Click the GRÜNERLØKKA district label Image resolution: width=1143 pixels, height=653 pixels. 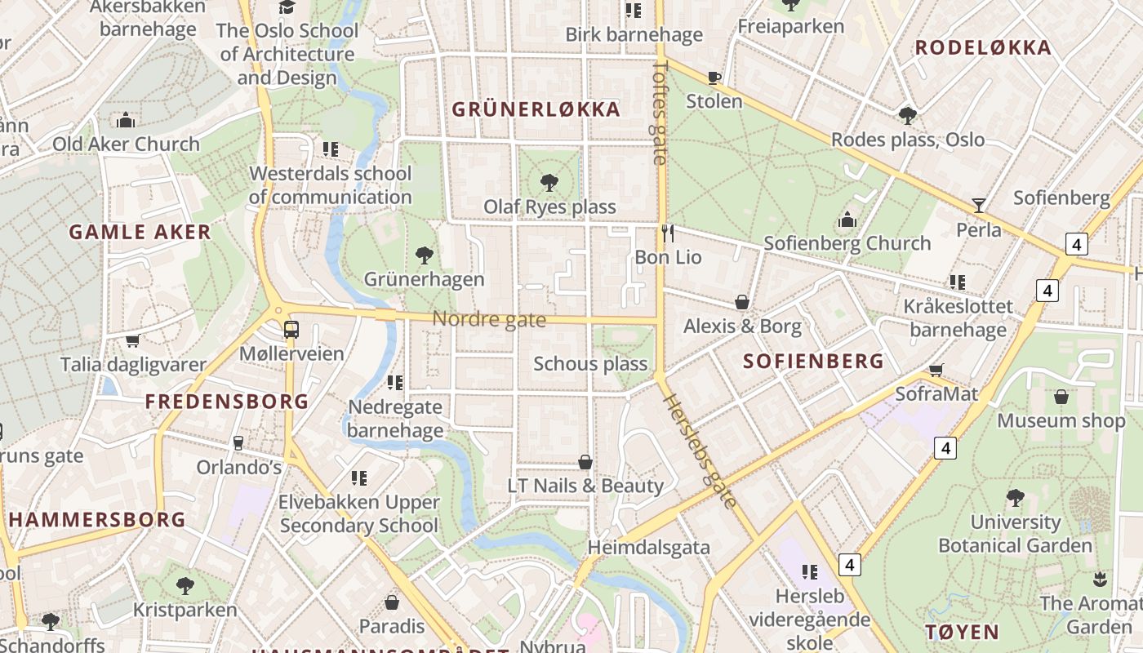[x=536, y=109]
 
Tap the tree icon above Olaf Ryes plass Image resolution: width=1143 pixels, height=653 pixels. [x=549, y=182]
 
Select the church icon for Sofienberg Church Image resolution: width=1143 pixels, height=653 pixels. [x=847, y=220]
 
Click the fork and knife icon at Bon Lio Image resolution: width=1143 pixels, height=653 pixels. [x=668, y=233]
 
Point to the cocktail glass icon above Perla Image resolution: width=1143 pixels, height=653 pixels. [x=978, y=206]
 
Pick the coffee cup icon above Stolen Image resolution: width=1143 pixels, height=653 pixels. [x=714, y=78]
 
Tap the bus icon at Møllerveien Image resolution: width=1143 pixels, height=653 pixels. [x=291, y=330]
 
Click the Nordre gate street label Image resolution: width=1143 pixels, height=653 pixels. [x=489, y=319]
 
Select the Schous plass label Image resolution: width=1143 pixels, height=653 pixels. [x=590, y=364]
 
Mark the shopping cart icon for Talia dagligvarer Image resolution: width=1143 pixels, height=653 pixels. [x=132, y=340]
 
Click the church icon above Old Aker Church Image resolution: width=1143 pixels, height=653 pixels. [x=126, y=121]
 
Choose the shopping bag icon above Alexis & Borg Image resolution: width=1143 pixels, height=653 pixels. [x=742, y=303]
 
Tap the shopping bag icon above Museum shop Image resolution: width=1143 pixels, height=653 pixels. [x=1061, y=397]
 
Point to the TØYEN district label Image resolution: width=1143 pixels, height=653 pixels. [x=962, y=632]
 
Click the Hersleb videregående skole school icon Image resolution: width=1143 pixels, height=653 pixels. [x=810, y=571]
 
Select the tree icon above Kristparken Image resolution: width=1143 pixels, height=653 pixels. [x=185, y=585]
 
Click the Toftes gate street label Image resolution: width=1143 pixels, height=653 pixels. [x=660, y=112]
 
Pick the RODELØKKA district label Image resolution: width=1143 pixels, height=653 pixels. [x=983, y=47]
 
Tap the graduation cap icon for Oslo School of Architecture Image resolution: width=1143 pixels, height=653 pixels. [x=287, y=7]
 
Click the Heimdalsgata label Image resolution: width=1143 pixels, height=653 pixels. [x=649, y=547]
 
